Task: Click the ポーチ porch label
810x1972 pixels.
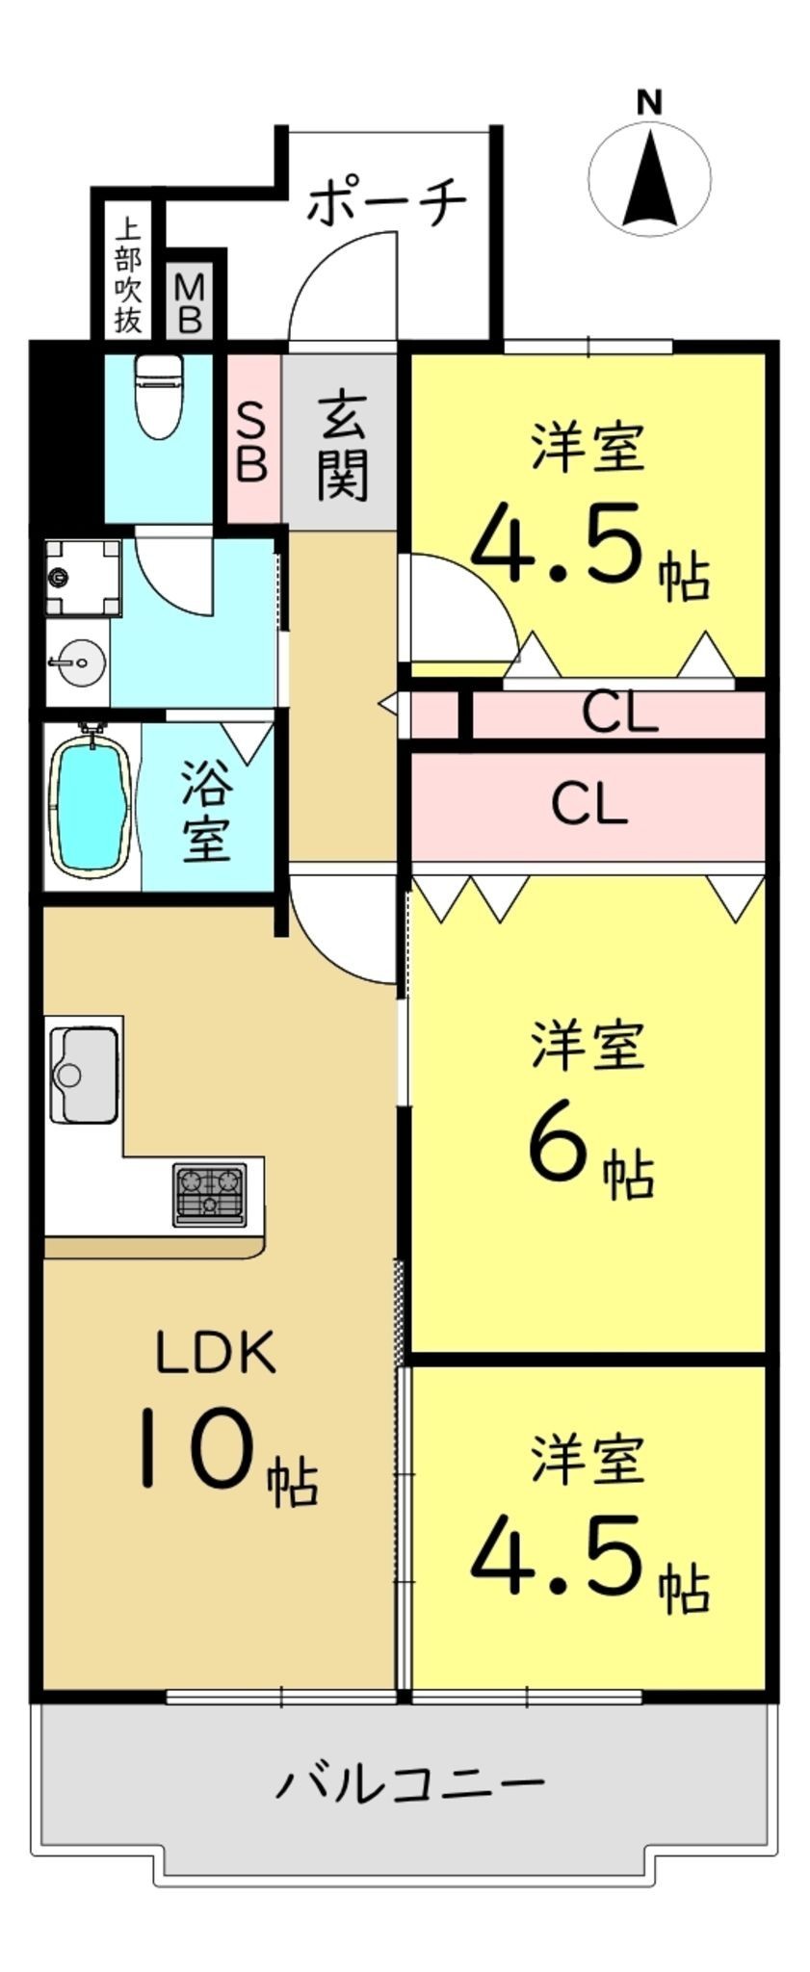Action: [387, 201]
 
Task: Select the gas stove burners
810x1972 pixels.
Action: [209, 1195]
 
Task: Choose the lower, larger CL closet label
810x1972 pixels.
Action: [589, 804]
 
